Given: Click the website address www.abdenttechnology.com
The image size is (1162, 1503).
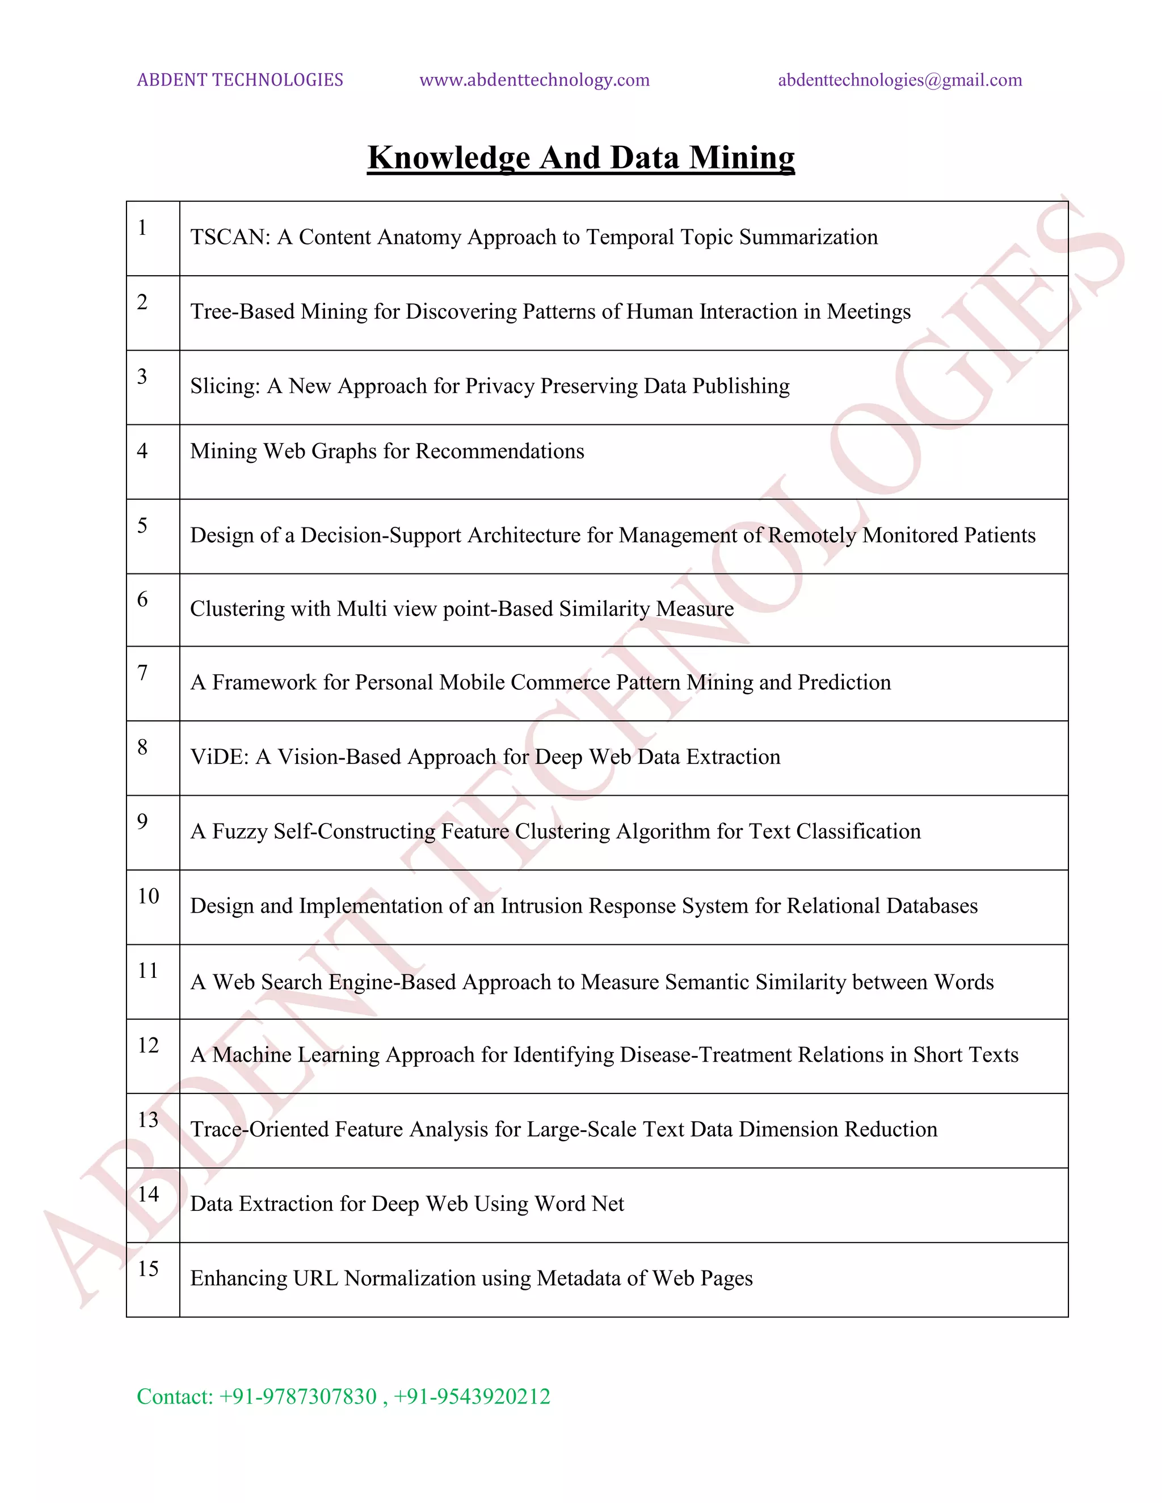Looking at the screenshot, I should click(x=534, y=80).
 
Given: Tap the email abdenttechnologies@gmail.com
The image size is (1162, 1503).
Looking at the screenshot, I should click(x=900, y=80).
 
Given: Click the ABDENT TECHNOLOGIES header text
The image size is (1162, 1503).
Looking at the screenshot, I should click(x=239, y=80).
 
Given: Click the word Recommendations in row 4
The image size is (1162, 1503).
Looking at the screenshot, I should click(x=500, y=451).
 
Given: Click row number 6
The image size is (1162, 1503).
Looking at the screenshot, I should click(x=142, y=599).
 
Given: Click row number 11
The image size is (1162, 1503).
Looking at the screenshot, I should click(x=148, y=970).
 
